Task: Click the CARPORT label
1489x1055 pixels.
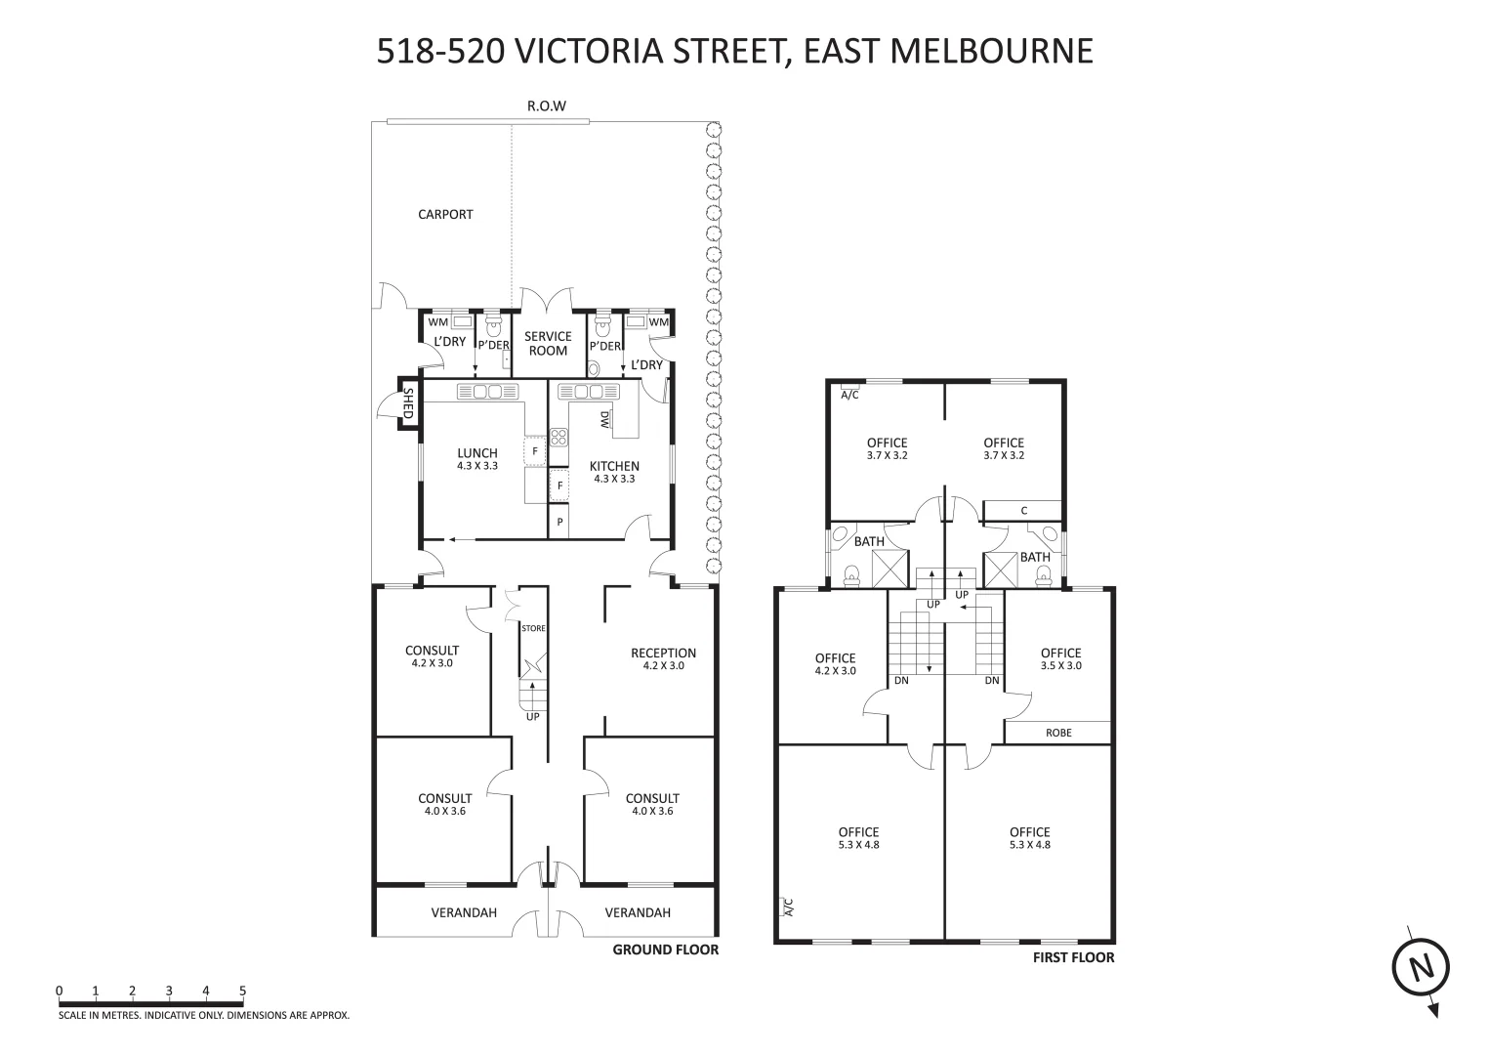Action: coord(445,214)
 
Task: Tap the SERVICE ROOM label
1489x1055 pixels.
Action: coord(548,343)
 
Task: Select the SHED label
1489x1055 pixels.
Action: coord(408,403)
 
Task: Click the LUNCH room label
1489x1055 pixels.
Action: coord(477,453)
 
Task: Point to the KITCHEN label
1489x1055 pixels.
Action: coord(614,466)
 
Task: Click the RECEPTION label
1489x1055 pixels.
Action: coord(663,654)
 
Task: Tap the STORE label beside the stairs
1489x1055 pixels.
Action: coord(533,629)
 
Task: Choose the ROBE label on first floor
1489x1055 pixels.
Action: coord(1058,733)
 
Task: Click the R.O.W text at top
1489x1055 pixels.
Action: coord(547,105)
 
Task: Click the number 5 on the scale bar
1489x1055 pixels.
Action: coord(242,992)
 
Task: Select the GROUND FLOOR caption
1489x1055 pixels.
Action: coord(665,949)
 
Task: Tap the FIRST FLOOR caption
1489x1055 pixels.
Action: coord(1073,958)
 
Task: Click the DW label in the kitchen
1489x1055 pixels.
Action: coord(604,419)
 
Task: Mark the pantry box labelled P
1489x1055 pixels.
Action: coord(559,522)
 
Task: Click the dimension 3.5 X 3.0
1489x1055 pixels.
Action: coord(1061,666)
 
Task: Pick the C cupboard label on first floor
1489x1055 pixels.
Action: coord(1023,511)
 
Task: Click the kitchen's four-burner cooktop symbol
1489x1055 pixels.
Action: coord(558,437)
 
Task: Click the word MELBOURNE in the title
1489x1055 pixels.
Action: coord(991,51)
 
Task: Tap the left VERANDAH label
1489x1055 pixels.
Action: coord(464,912)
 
